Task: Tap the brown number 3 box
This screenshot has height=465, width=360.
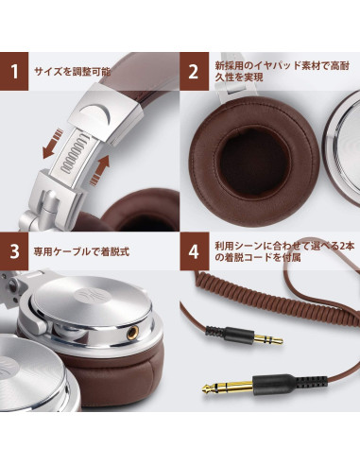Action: point(14,251)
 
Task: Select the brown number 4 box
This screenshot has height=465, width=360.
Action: point(194,251)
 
